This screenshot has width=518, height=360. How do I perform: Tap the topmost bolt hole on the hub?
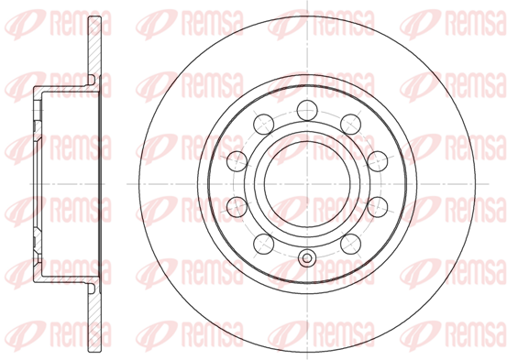tap(307, 110)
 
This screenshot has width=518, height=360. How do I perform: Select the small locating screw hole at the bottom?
tap(307, 258)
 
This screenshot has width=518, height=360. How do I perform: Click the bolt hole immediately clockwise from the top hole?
tap(350, 124)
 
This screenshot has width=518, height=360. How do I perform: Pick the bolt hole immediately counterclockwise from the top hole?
tap(264, 124)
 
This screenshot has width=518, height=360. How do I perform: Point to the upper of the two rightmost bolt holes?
tap(378, 161)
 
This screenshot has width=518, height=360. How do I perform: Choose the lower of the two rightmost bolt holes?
tap(378, 206)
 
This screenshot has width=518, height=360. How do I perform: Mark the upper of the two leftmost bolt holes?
tap(237, 161)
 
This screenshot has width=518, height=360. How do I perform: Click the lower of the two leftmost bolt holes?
tap(237, 206)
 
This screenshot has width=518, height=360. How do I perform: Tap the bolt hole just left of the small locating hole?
tap(264, 244)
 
